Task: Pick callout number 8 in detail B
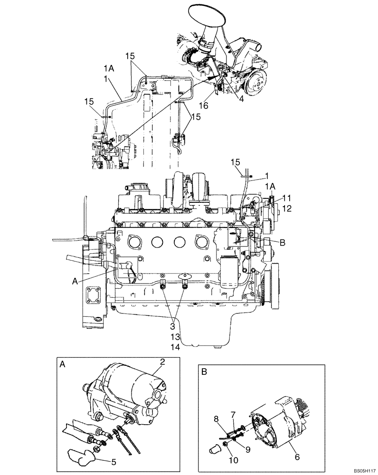[x=217, y=418]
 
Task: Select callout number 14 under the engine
[x=175, y=347]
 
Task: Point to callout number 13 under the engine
[x=175, y=336]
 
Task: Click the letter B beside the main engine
[x=282, y=243]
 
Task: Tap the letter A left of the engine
[x=74, y=281]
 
